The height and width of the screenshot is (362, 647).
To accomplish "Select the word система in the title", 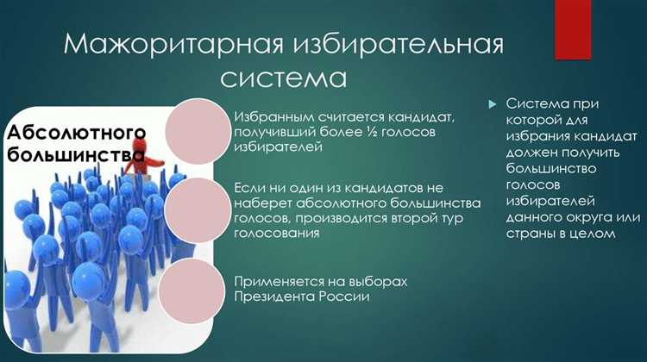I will [283, 78].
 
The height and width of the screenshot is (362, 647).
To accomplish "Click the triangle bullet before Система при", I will [493, 103].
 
